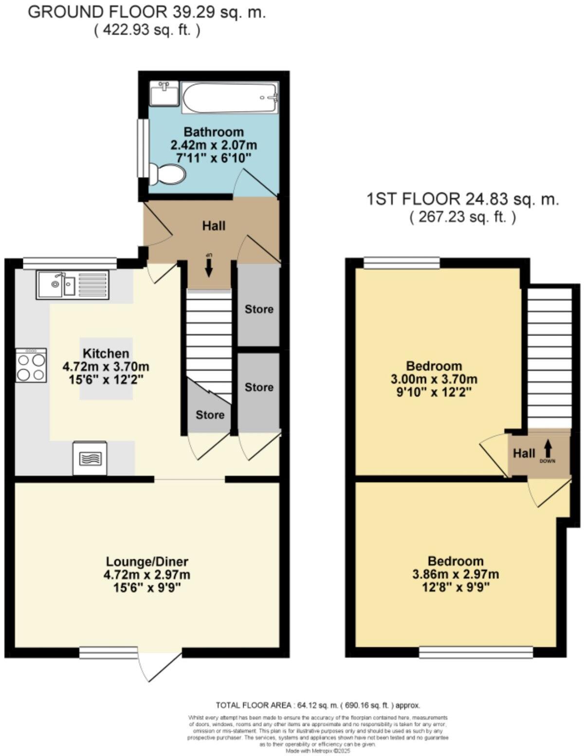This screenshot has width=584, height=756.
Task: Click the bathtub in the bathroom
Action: click(x=230, y=97)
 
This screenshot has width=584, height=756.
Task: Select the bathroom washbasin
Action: click(x=164, y=93)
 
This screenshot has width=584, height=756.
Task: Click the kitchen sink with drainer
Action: click(x=73, y=285)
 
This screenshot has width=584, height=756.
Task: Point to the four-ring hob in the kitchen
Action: click(x=31, y=365)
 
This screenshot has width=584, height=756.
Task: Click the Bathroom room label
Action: click(x=213, y=132)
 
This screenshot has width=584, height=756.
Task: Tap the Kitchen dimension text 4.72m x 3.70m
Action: click(x=106, y=366)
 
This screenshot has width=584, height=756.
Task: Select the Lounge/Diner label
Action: click(x=146, y=562)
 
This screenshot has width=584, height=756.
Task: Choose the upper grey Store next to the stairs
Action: click(x=259, y=309)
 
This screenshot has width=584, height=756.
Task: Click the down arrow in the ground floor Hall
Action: click(x=209, y=266)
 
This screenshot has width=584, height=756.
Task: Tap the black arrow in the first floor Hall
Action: click(x=548, y=447)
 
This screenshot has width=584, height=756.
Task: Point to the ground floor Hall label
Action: click(x=214, y=226)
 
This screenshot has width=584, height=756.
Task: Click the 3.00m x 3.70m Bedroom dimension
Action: click(x=434, y=378)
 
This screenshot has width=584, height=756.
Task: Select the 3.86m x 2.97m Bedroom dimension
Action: click(x=456, y=574)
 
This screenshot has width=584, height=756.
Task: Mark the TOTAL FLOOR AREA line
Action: click(x=318, y=705)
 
